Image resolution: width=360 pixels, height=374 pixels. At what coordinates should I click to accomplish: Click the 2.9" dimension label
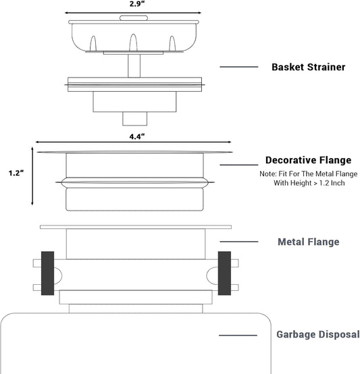coord(137,4)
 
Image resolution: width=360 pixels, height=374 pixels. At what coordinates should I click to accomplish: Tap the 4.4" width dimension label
coord(137,136)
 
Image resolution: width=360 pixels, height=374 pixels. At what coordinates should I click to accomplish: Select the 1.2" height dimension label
coord(16,173)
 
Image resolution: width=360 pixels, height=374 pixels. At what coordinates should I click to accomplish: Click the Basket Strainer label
coord(308,67)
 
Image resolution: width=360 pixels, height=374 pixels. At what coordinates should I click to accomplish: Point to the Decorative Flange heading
coord(308,160)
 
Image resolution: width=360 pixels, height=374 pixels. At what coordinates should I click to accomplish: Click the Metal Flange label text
coord(308,242)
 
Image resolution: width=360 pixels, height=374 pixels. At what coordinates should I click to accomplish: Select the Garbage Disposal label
coord(318,334)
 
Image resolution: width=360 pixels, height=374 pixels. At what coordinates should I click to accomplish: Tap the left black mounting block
coord(47,273)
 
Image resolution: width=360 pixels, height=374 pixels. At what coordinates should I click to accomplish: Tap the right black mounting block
coord(224,273)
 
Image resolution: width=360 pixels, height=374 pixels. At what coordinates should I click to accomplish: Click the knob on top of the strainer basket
coord(134,18)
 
